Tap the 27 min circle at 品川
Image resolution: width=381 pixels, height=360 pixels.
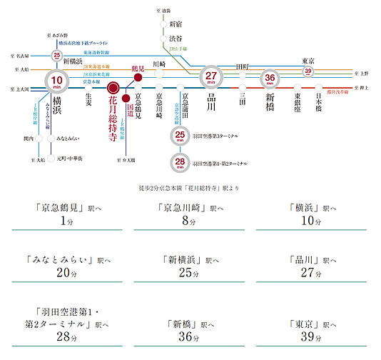pyautogui.click(x=211, y=78)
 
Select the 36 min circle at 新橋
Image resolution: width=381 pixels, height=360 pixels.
pyautogui.click(x=270, y=79)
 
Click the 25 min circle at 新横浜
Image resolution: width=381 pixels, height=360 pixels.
pyautogui.click(x=56, y=56)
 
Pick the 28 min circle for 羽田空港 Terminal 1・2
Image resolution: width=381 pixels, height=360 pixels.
pyautogui.click(x=179, y=164)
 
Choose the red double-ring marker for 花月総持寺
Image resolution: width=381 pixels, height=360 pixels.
pyautogui.click(x=112, y=89)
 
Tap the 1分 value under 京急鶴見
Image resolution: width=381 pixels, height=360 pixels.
pyautogui.click(x=68, y=221)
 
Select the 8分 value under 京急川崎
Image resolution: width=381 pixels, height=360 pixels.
pyautogui.click(x=188, y=221)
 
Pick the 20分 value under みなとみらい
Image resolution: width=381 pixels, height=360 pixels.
pyautogui.click(x=68, y=272)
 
